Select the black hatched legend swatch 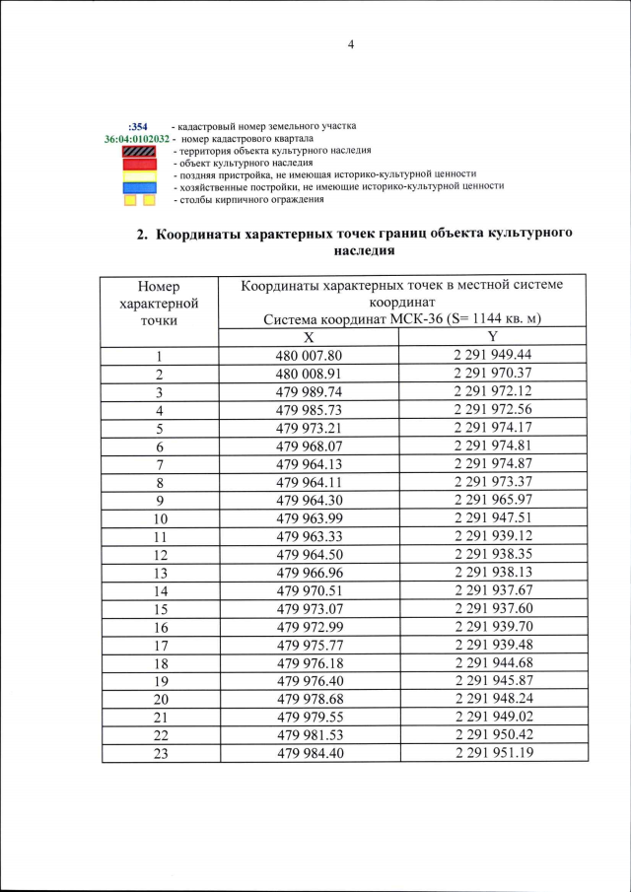[139, 151]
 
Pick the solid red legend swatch [139, 163]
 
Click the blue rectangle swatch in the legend [139, 186]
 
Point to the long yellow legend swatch [139, 174]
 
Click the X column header [309, 337]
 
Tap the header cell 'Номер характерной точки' [159, 303]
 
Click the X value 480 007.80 [309, 356]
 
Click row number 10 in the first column [159, 518]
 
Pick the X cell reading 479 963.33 [309, 537]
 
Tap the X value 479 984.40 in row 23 [309, 753]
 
